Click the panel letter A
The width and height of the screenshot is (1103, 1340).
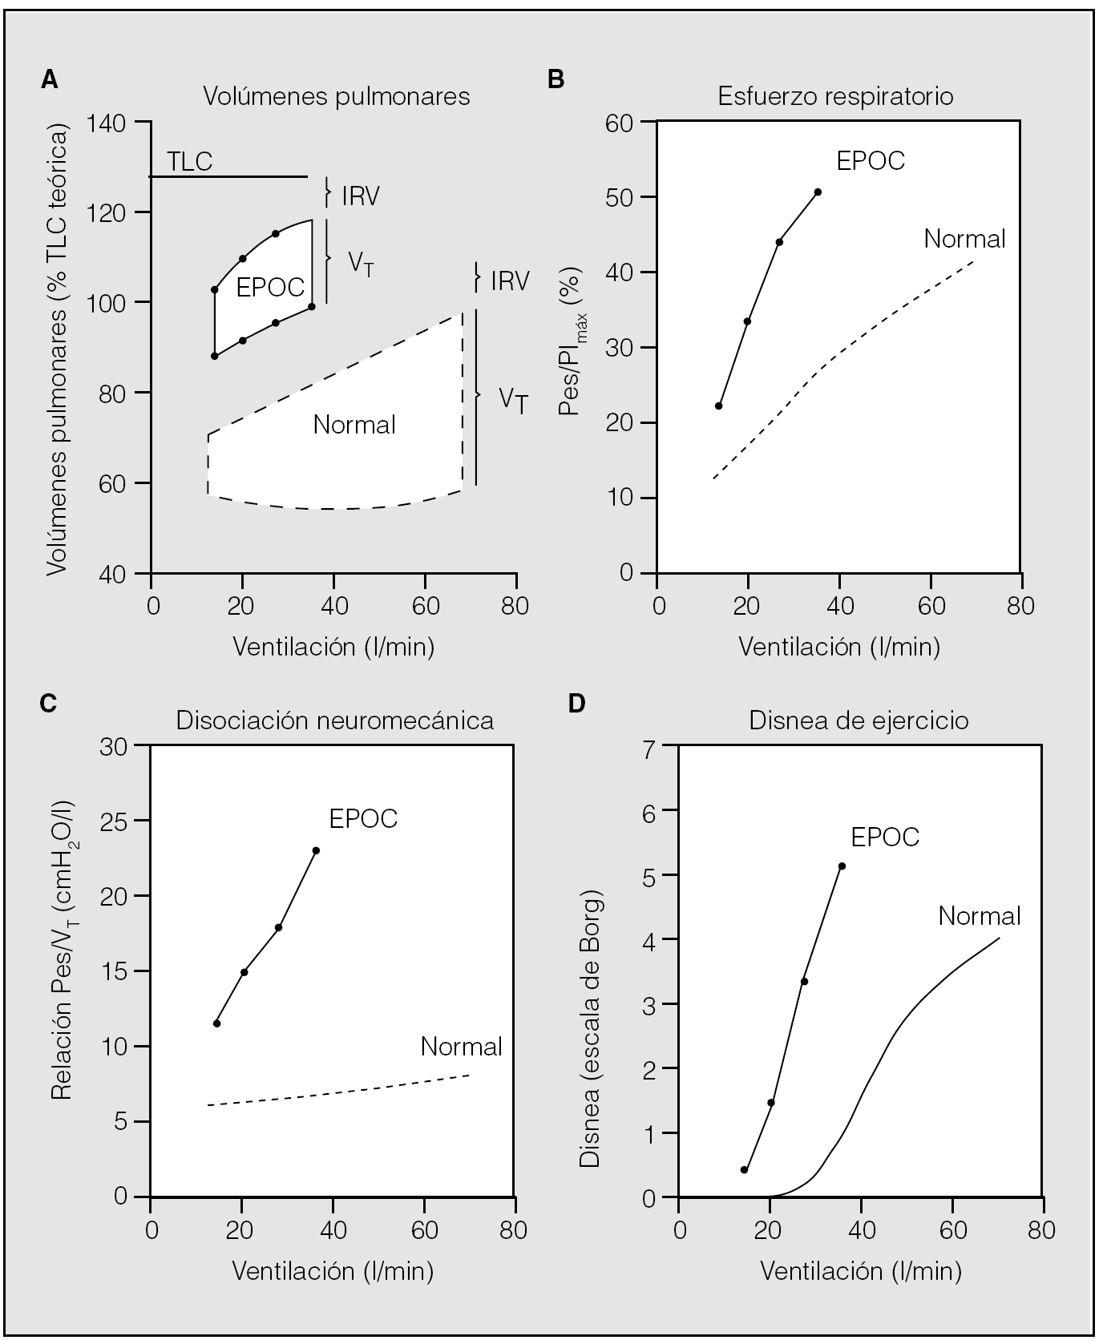click(50, 79)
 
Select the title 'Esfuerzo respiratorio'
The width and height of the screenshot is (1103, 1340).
click(835, 97)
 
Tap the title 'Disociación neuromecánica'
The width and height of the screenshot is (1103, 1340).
click(334, 720)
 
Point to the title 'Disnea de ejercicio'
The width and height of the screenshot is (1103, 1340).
click(859, 720)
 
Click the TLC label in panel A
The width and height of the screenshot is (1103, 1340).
click(190, 162)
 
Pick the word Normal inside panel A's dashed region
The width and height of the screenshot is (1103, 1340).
click(354, 424)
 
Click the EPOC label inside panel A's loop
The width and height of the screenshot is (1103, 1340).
click(270, 287)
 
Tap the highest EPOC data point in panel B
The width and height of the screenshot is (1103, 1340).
click(818, 192)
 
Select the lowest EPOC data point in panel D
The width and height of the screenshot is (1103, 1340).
click(744, 1170)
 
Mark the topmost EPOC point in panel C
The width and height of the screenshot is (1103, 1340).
click(316, 850)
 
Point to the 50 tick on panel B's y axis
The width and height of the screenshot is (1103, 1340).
click(621, 197)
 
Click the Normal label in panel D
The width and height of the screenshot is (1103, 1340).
click(980, 915)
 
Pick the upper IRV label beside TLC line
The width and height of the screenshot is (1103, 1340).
click(360, 196)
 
